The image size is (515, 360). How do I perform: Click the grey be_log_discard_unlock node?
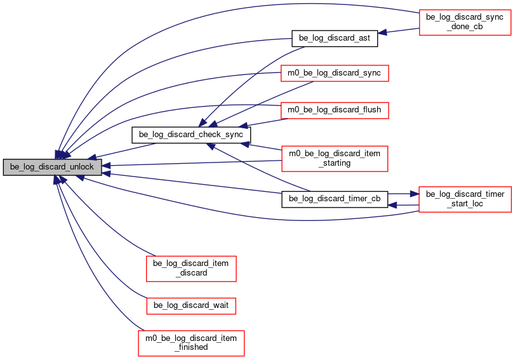tap(52, 167)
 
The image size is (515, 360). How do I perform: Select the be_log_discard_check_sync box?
tap(191, 135)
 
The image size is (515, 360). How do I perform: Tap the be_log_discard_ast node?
tap(335, 38)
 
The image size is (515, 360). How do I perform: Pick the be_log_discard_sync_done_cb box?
tap(465, 22)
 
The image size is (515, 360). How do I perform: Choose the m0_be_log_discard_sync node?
tap(335, 73)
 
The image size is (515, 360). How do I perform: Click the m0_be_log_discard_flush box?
tap(335, 110)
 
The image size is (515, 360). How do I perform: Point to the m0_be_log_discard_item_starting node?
tap(335, 159)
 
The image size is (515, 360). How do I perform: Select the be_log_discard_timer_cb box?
tap(335, 199)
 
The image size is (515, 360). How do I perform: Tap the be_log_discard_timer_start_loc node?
tap(465, 199)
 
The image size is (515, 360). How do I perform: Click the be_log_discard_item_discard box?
tap(191, 269)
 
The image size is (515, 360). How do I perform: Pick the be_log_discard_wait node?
tap(191, 305)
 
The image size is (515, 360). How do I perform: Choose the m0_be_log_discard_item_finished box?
tap(191, 343)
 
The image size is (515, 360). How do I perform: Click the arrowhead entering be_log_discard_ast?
tap(382, 32)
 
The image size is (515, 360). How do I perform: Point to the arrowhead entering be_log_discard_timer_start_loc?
tap(415, 194)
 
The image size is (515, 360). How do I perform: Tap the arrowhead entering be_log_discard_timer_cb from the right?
tap(392, 205)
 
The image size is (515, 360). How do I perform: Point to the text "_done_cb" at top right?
tap(465, 27)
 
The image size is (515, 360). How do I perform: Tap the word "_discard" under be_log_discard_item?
tap(191, 273)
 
